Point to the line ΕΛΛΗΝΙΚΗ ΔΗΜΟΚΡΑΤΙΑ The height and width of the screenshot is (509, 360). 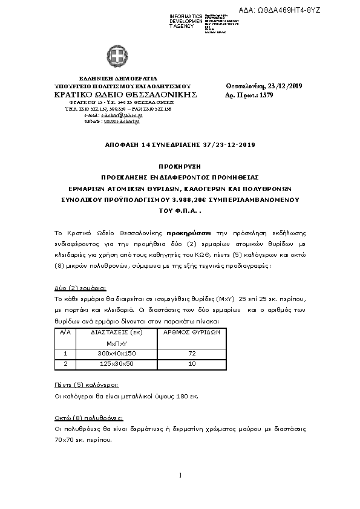tap(118, 79)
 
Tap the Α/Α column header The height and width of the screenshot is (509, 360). tap(65, 332)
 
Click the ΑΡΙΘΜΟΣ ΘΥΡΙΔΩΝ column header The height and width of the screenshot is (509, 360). tap(192, 332)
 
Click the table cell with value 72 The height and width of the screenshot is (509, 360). tap(192, 353)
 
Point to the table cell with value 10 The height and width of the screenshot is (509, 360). tap(192, 364)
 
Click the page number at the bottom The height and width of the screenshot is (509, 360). tap(180, 475)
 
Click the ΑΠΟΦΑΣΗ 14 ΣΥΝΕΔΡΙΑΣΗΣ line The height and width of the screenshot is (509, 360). tap(180, 145)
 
